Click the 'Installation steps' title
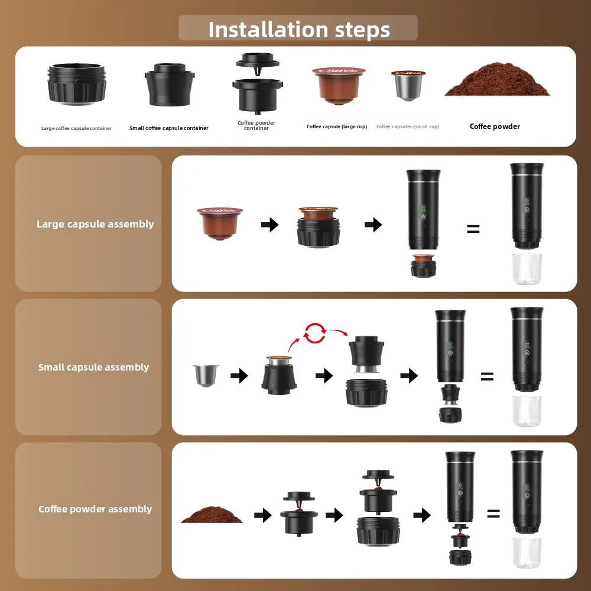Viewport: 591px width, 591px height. tap(299, 29)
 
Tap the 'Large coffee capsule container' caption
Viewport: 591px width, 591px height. tap(76, 128)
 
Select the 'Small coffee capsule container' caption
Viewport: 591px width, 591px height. tap(168, 128)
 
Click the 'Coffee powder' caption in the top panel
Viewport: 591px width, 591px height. tap(495, 126)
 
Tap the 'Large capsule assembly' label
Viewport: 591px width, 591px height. tap(95, 224)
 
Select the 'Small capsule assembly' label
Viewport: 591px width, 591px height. tap(93, 367)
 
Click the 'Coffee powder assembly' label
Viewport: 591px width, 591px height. tap(95, 509)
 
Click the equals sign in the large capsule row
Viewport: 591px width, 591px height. tap(473, 229)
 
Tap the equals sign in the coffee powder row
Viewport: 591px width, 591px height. tap(493, 514)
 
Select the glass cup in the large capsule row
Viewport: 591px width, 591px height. tap(525, 269)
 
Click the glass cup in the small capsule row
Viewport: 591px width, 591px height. tap(525, 411)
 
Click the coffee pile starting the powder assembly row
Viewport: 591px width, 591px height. tap(212, 514)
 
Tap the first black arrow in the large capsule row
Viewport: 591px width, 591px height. tap(270, 225)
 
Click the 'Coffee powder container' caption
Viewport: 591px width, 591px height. tap(256, 125)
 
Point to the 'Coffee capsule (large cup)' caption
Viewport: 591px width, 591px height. tap(336, 126)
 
